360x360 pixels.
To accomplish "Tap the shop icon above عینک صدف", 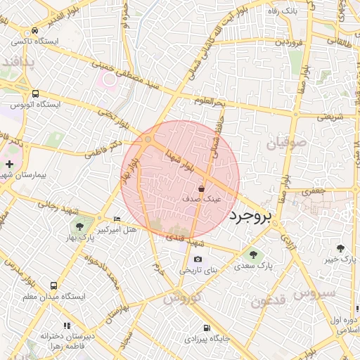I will click(x=202, y=189).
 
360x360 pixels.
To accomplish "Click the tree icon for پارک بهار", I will click(x=78, y=226).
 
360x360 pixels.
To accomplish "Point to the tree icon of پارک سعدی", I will click(x=253, y=255).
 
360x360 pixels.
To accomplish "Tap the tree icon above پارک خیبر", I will click(x=341, y=247).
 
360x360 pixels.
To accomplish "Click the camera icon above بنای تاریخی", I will click(x=198, y=259).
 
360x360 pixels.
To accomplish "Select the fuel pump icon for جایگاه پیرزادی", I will click(x=205, y=328).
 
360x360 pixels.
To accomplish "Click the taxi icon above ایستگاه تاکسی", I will click(x=35, y=31).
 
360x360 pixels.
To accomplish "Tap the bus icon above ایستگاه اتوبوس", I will click(x=35, y=93).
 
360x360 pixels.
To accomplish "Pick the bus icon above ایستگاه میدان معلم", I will click(x=53, y=286).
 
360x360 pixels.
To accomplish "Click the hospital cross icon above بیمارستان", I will click(x=8, y=164).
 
